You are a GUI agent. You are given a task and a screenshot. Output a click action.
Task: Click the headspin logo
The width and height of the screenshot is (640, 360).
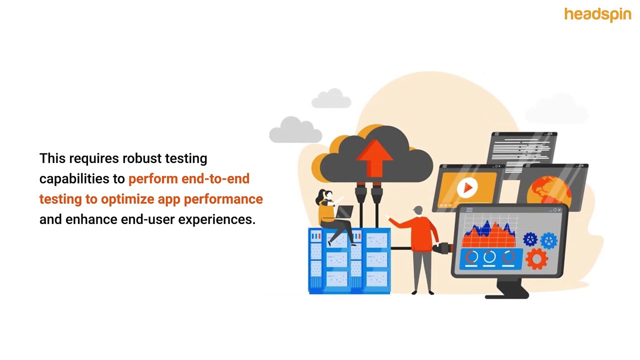(x=597, y=14)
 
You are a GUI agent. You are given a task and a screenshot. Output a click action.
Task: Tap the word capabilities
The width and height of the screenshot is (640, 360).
(x=74, y=179)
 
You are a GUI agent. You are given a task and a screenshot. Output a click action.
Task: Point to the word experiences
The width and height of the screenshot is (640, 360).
(x=217, y=220)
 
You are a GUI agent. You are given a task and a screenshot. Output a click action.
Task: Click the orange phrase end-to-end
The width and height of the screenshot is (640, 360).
(x=215, y=179)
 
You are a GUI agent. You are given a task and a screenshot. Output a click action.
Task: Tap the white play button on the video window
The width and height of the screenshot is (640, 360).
(x=467, y=187)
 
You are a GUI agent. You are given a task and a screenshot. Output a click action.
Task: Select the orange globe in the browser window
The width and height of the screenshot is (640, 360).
(x=548, y=192)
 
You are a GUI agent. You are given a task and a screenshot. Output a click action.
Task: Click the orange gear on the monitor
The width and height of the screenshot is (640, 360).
(x=537, y=259)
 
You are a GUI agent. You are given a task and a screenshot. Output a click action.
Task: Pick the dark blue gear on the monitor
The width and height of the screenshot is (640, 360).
(x=530, y=239)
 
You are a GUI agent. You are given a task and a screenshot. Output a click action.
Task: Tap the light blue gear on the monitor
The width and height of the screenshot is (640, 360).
(x=549, y=240)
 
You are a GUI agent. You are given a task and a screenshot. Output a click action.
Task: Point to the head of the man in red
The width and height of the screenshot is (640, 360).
(x=418, y=211)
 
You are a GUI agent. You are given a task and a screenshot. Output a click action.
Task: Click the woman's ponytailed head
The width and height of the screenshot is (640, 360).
(x=325, y=196)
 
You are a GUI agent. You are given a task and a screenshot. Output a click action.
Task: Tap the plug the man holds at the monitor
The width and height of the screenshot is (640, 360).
(x=442, y=247)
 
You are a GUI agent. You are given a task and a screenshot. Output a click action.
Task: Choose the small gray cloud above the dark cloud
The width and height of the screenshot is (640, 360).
(x=331, y=98)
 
